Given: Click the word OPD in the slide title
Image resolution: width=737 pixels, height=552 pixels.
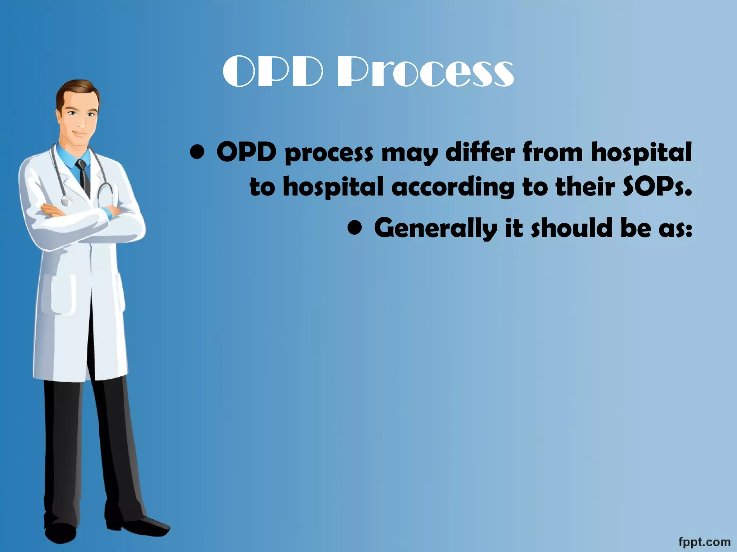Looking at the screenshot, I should pyautogui.click(x=273, y=72).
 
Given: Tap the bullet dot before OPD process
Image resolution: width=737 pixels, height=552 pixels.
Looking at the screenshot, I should pyautogui.click(x=198, y=153).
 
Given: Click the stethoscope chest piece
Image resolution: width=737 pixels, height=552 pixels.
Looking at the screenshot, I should pyautogui.click(x=65, y=201).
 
